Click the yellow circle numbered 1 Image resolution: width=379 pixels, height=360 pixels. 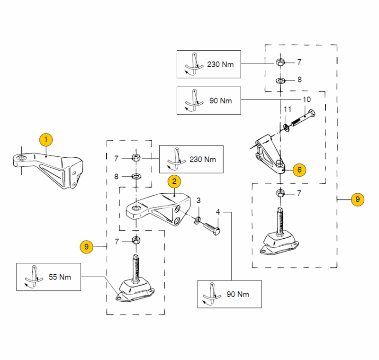tap(46, 140)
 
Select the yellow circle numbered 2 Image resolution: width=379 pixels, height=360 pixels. tap(174, 180)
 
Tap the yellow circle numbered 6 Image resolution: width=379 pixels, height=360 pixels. tap(299, 169)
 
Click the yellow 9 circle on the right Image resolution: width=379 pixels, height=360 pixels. tap(358, 200)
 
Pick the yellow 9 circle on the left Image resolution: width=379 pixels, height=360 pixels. tap(86, 246)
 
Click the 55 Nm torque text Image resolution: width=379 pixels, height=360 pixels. tap(60, 277)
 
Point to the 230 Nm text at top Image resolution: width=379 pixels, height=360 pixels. tap(221, 64)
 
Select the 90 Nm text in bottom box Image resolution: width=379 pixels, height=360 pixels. tap(238, 294)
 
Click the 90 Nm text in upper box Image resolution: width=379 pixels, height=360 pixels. tap(221, 100)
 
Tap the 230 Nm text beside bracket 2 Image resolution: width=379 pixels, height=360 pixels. tap(202, 159)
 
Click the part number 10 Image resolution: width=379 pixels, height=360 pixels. tap(307, 100)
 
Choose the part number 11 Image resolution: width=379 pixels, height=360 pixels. tap(288, 110)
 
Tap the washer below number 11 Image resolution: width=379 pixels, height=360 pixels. tap(287, 127)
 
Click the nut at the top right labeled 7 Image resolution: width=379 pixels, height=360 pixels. tap(280, 62)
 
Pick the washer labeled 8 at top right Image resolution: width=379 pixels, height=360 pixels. tap(280, 81)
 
